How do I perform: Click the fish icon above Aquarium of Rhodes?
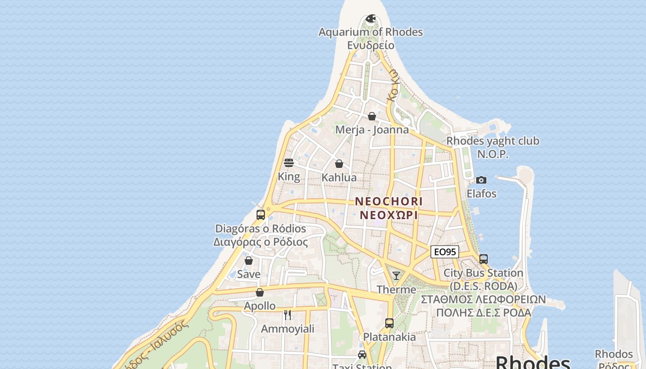click(x=371, y=19)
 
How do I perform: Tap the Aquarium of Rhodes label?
click(x=371, y=32)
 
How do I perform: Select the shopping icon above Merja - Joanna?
click(x=372, y=116)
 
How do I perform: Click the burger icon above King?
click(x=289, y=163)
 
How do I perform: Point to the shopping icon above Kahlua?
click(x=339, y=164)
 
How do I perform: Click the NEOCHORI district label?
click(x=389, y=202)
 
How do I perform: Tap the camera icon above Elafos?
click(x=481, y=180)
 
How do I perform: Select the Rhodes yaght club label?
click(x=493, y=141)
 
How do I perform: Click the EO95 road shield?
click(x=445, y=252)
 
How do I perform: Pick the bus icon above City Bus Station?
click(x=484, y=259)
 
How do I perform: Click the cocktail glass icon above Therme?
click(x=396, y=276)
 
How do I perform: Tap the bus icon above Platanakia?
click(x=389, y=323)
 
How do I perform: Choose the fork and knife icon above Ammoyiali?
click(x=288, y=315)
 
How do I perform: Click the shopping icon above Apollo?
click(x=260, y=292)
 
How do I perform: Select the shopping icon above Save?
click(x=249, y=261)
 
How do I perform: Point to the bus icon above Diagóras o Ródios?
click(x=261, y=215)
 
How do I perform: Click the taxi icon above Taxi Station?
click(x=362, y=355)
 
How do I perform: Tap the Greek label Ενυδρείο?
click(x=371, y=45)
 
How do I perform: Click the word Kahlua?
click(x=339, y=178)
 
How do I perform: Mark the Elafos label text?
click(x=481, y=194)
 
